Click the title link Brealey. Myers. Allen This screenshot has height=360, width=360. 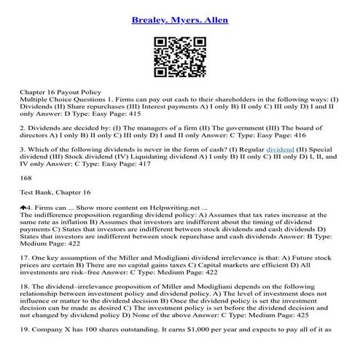coord(179,18)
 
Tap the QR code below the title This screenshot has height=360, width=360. coord(179,58)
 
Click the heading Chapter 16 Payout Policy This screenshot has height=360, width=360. coord(63,95)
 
